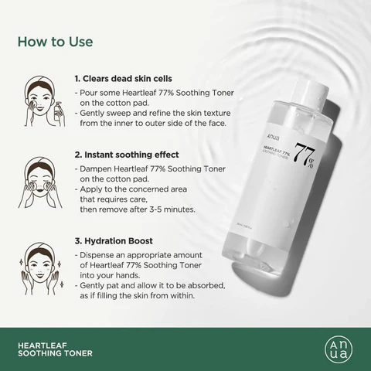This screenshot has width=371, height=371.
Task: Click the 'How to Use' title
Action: pos(55,41)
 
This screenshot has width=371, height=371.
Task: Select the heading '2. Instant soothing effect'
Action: pos(127,154)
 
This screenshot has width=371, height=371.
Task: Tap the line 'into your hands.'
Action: pos(114,274)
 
